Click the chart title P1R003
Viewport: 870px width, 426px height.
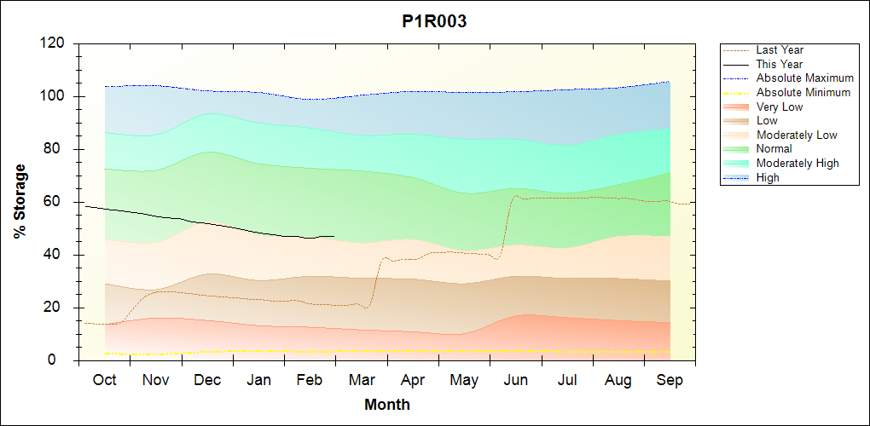tap(434, 22)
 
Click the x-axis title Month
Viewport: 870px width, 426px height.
tap(387, 405)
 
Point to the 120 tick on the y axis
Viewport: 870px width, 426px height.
tap(55, 43)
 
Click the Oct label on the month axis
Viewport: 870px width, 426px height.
tap(105, 380)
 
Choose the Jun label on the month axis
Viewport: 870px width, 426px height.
tap(516, 380)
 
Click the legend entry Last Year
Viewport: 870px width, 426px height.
tap(779, 50)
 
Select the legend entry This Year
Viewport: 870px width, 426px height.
tap(779, 64)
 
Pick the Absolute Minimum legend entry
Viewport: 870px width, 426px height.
tap(803, 92)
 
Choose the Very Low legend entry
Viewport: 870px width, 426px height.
tap(779, 106)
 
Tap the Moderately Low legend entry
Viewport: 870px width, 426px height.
tap(796, 135)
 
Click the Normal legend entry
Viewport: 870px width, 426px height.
tap(774, 149)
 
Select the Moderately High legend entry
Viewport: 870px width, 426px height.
tap(797, 163)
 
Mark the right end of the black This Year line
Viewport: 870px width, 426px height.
tap(333, 236)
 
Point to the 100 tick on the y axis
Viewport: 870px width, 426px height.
tap(55, 96)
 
